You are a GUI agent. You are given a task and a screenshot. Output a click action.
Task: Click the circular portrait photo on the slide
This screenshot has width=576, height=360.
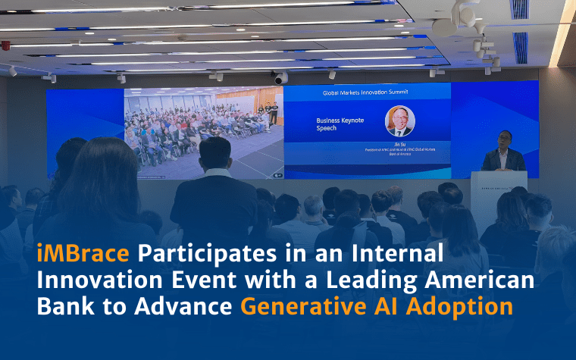(400, 121)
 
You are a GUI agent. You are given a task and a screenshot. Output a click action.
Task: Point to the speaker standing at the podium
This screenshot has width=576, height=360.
(505, 152)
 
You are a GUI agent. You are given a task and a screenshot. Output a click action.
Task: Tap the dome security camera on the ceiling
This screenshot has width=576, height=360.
(280, 78)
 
